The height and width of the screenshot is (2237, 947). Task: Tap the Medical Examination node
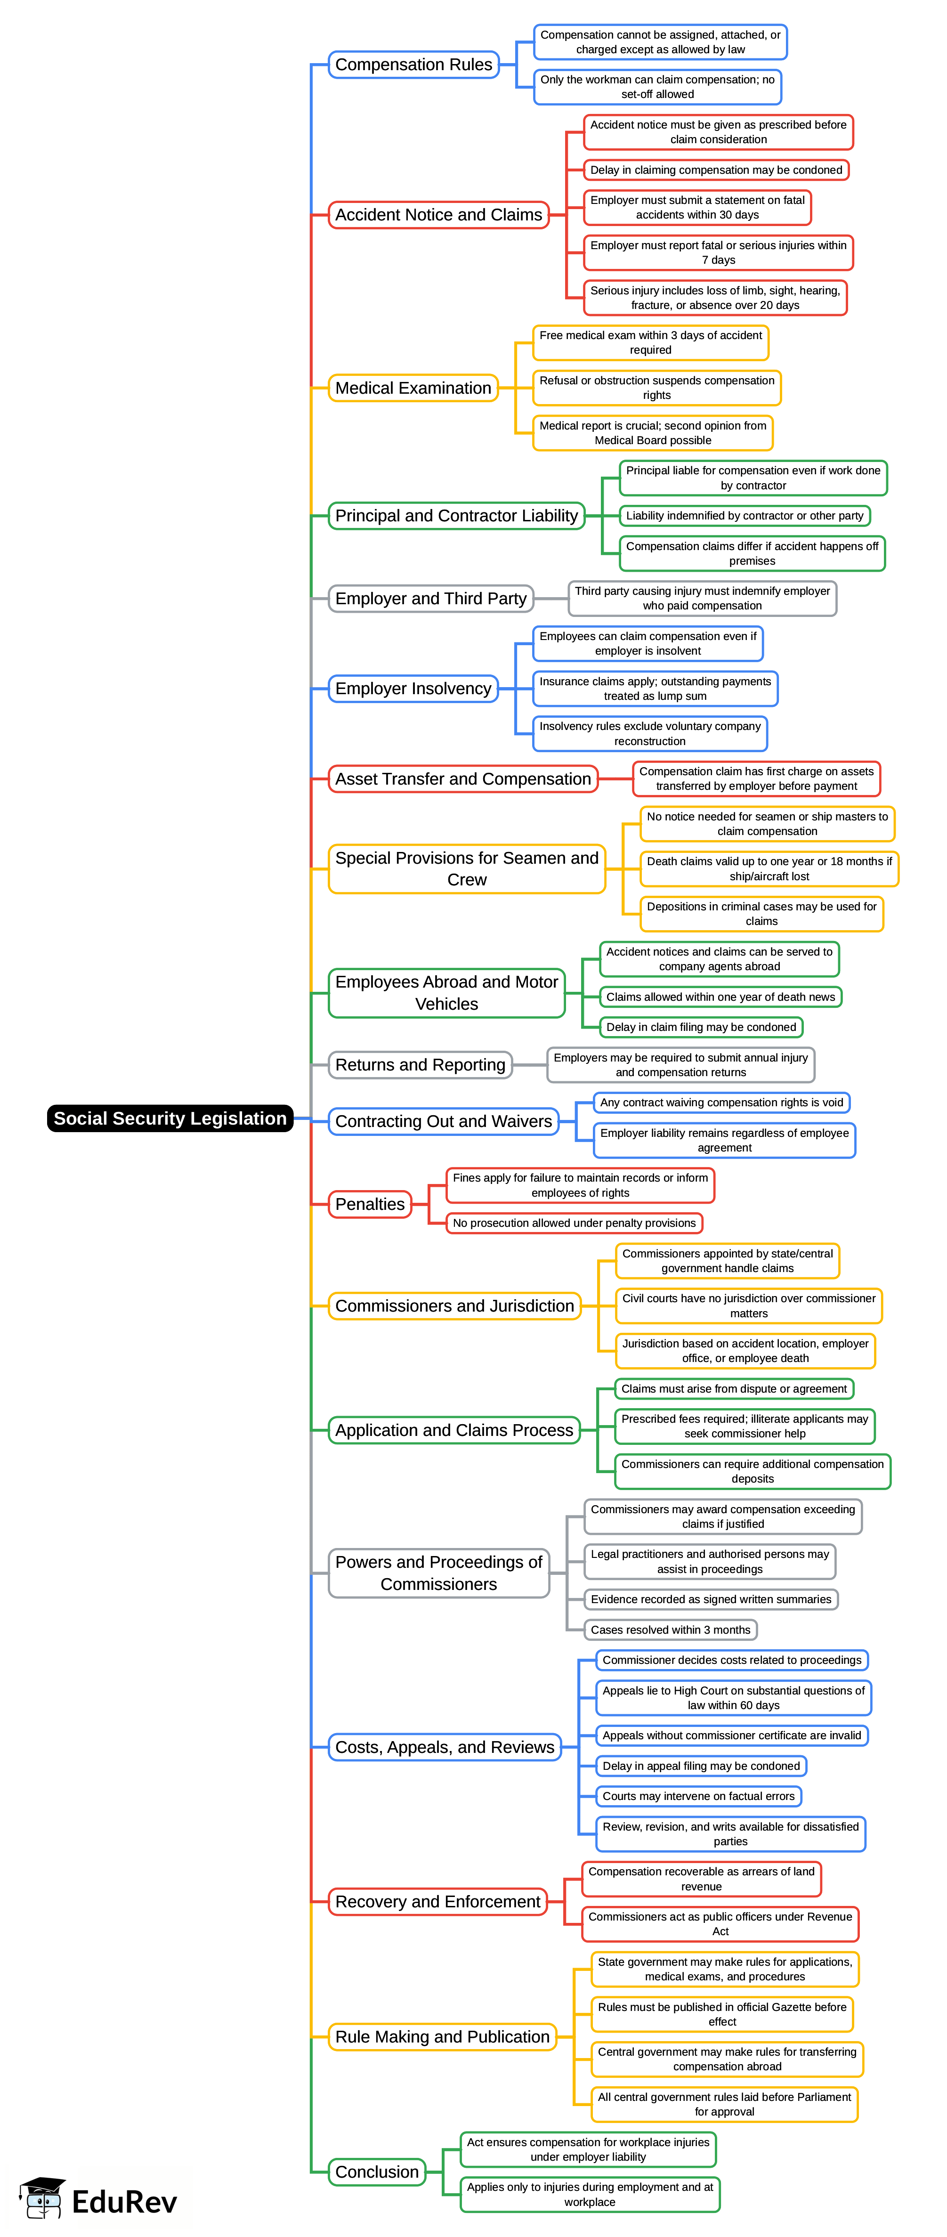coord(413,388)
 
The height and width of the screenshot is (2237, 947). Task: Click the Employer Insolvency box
coord(413,689)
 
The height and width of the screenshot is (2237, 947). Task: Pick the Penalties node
coord(370,1205)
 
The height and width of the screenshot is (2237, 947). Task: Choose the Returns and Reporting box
coord(420,1065)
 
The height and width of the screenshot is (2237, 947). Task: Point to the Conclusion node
coord(377,2172)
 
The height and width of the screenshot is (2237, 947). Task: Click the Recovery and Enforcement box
coord(437,1902)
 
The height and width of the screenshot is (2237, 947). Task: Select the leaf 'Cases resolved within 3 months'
coord(670,1630)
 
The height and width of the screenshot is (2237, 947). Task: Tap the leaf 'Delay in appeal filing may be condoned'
coord(701,1767)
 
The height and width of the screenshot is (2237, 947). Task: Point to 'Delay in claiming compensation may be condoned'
coord(716,170)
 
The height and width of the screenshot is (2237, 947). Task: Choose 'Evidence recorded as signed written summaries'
coord(711,1600)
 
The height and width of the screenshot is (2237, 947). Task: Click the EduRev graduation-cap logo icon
coord(41,2198)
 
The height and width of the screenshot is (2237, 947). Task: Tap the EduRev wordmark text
coord(124,2202)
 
